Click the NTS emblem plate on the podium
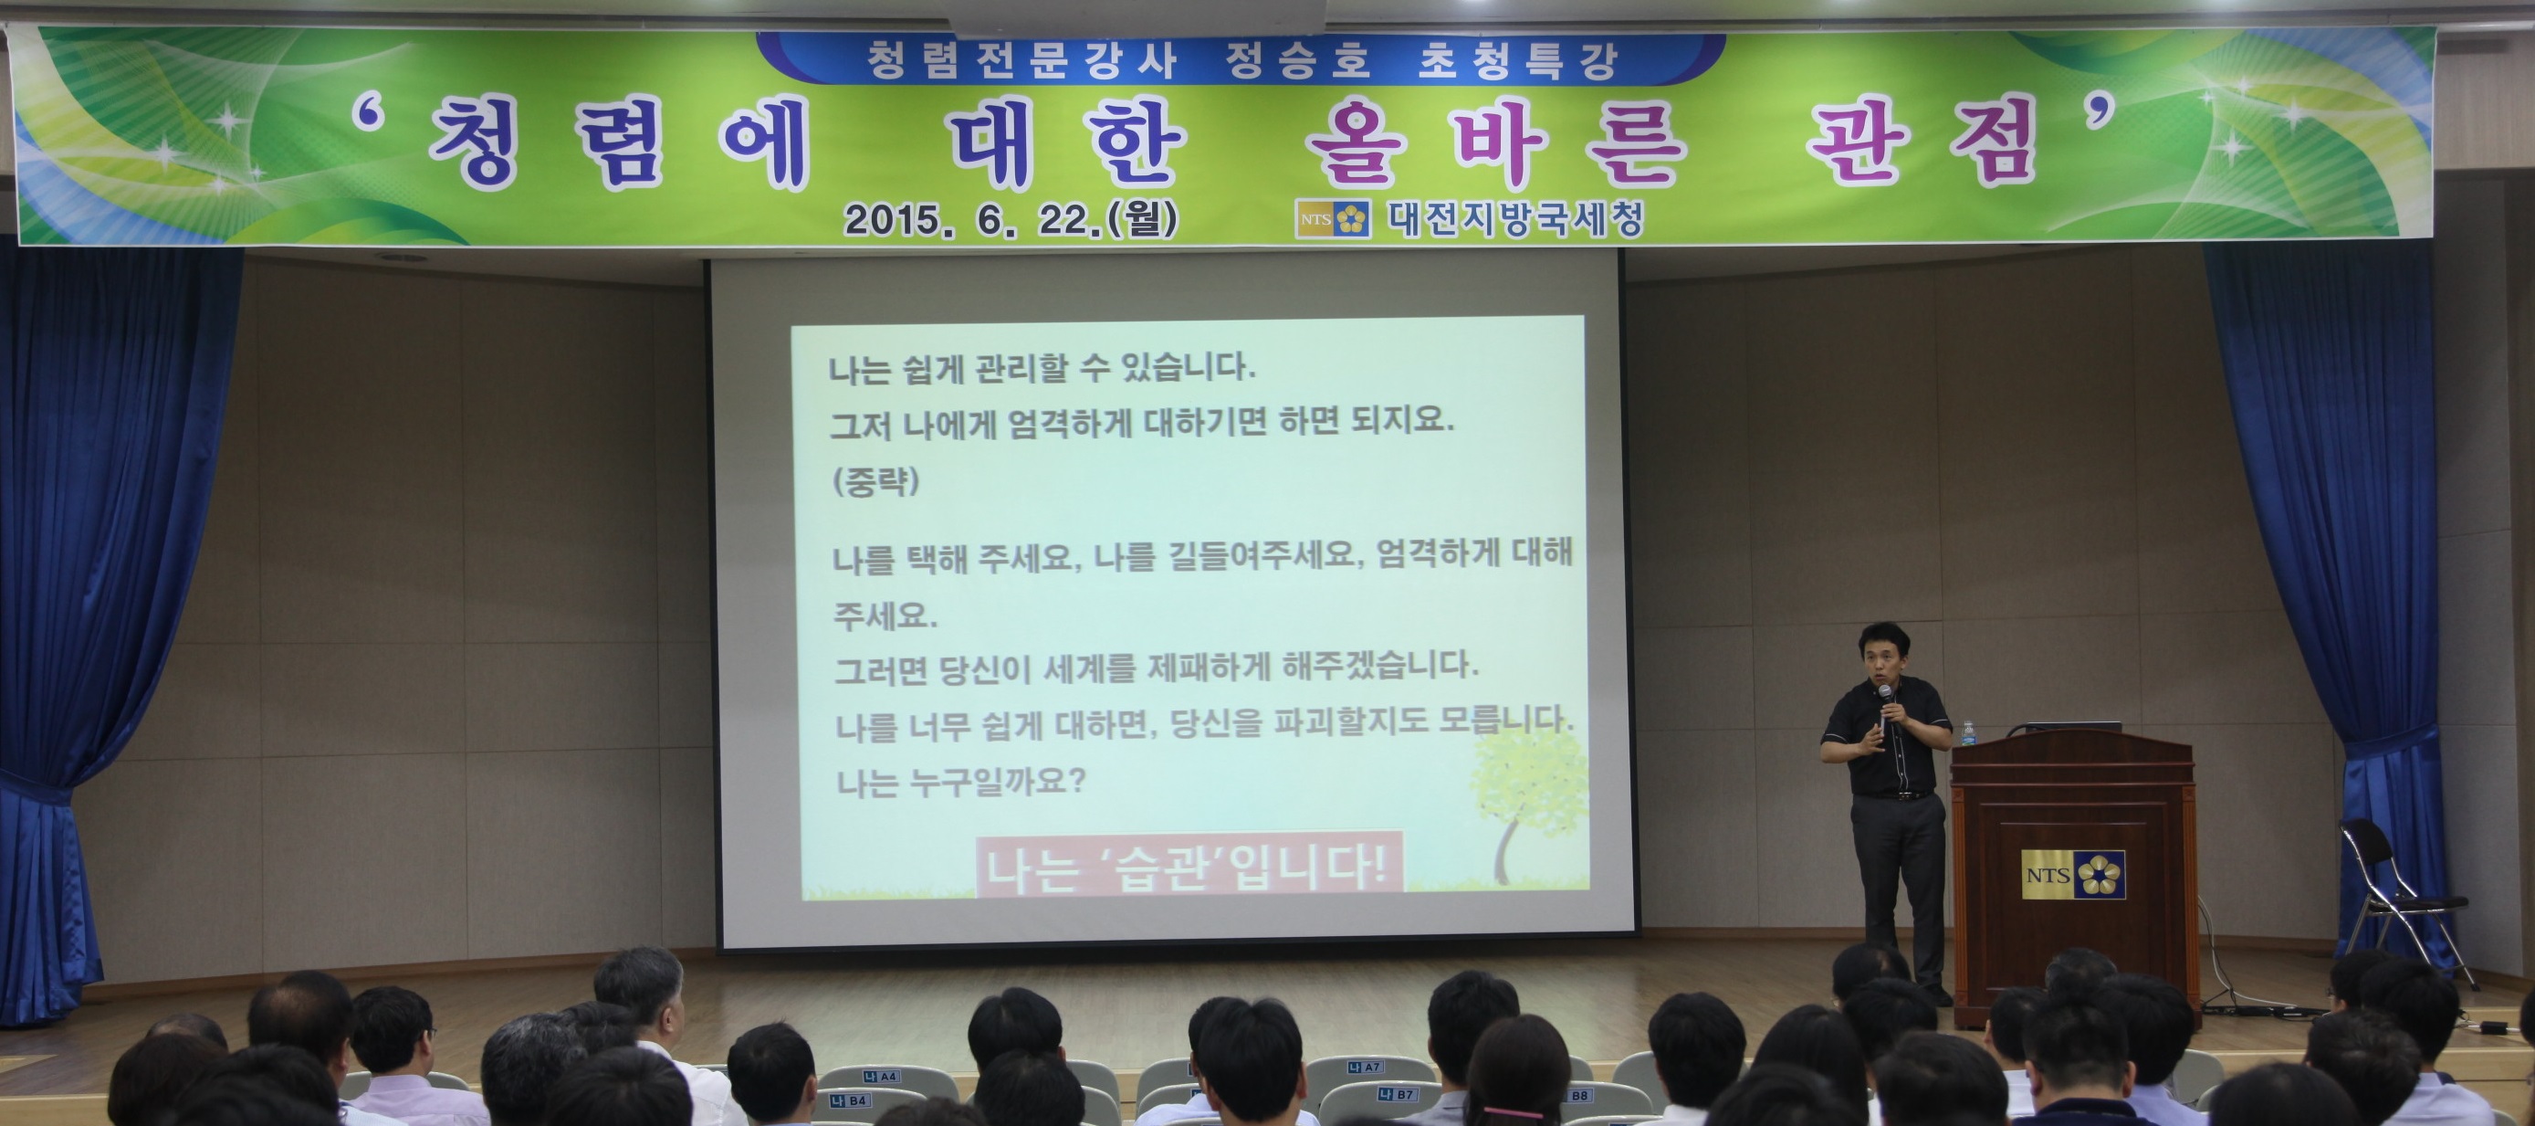[2072, 874]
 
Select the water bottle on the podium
[1967, 734]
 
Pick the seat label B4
[849, 1100]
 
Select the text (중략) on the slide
[875, 481]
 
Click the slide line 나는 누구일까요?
[960, 783]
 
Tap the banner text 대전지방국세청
[1515, 218]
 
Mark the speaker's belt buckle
[1899, 795]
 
